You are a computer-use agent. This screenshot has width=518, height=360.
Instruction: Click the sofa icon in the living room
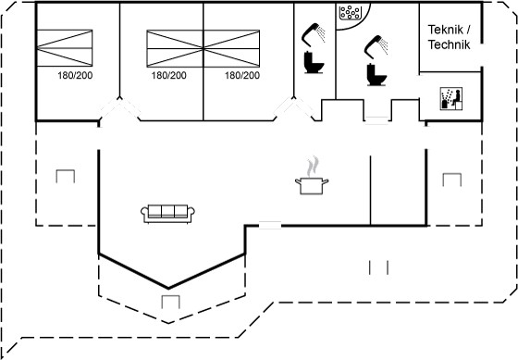(x=167, y=214)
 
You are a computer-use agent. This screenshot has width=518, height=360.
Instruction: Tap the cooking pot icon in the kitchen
(x=312, y=186)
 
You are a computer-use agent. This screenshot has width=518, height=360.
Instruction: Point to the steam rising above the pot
(x=313, y=167)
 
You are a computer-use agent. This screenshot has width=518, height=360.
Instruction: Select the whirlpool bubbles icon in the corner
(x=350, y=13)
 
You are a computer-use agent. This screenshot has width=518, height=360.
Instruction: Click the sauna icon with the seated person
(x=451, y=98)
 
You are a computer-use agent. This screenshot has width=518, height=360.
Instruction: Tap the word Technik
(x=449, y=44)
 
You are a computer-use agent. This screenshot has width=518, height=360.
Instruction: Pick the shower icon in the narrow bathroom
(x=314, y=34)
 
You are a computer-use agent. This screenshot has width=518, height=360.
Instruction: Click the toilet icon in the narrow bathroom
(x=314, y=62)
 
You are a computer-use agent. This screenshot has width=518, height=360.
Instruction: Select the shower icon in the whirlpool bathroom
(x=376, y=47)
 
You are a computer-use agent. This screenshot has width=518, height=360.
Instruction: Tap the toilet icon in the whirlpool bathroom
(x=376, y=74)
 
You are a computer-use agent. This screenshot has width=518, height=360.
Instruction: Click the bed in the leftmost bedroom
(x=65, y=48)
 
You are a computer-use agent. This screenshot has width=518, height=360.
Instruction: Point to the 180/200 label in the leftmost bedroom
(x=75, y=75)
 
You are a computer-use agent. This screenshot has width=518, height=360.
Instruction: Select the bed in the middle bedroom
(x=175, y=49)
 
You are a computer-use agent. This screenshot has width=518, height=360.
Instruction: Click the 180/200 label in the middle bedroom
(x=168, y=75)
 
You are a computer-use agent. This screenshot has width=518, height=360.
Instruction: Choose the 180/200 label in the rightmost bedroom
(x=242, y=75)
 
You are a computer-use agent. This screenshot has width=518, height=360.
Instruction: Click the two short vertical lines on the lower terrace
(x=378, y=267)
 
